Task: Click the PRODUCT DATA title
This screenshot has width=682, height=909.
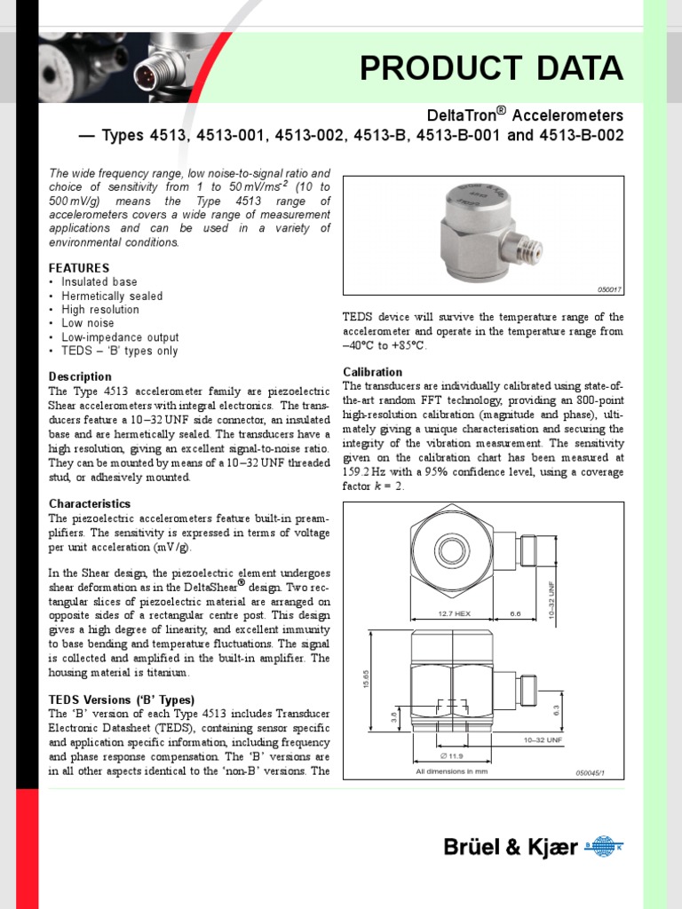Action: pyautogui.click(x=491, y=68)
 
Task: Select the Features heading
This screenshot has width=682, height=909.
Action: pyautogui.click(x=79, y=267)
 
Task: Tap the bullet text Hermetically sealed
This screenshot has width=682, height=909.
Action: pyautogui.click(x=112, y=296)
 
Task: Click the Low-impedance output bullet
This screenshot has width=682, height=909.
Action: pyautogui.click(x=120, y=337)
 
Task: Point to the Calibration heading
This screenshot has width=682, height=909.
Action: pyautogui.click(x=372, y=372)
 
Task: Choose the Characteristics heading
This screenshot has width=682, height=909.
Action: pyautogui.click(x=90, y=503)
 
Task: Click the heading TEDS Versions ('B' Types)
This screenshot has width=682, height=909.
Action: pyautogui.click(x=122, y=700)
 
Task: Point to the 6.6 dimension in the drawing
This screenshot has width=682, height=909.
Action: pyautogui.click(x=516, y=613)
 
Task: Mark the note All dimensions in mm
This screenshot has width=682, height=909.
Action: pyautogui.click(x=452, y=771)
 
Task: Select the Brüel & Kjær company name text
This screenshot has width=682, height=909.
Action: pyautogui.click(x=511, y=849)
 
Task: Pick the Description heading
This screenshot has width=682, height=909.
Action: pyautogui.click(x=80, y=376)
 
